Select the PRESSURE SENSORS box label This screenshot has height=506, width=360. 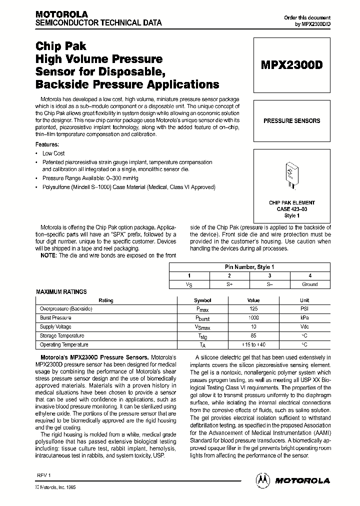click(291, 120)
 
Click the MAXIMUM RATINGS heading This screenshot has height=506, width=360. click(61, 291)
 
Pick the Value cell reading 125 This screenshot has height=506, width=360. click(253, 309)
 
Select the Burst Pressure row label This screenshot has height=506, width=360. click(55, 318)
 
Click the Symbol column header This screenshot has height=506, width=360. click(202, 300)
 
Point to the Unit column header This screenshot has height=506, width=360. click(304, 300)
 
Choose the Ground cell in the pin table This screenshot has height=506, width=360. click(309, 284)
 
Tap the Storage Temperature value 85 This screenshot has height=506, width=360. click(253, 336)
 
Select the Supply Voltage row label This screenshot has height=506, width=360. click(55, 327)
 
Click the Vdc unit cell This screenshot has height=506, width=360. click(304, 327)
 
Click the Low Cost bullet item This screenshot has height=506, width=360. click(53, 153)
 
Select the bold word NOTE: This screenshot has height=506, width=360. click(49, 255)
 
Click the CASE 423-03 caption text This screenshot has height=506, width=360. click(291, 209)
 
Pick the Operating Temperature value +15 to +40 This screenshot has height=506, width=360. click(253, 345)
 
